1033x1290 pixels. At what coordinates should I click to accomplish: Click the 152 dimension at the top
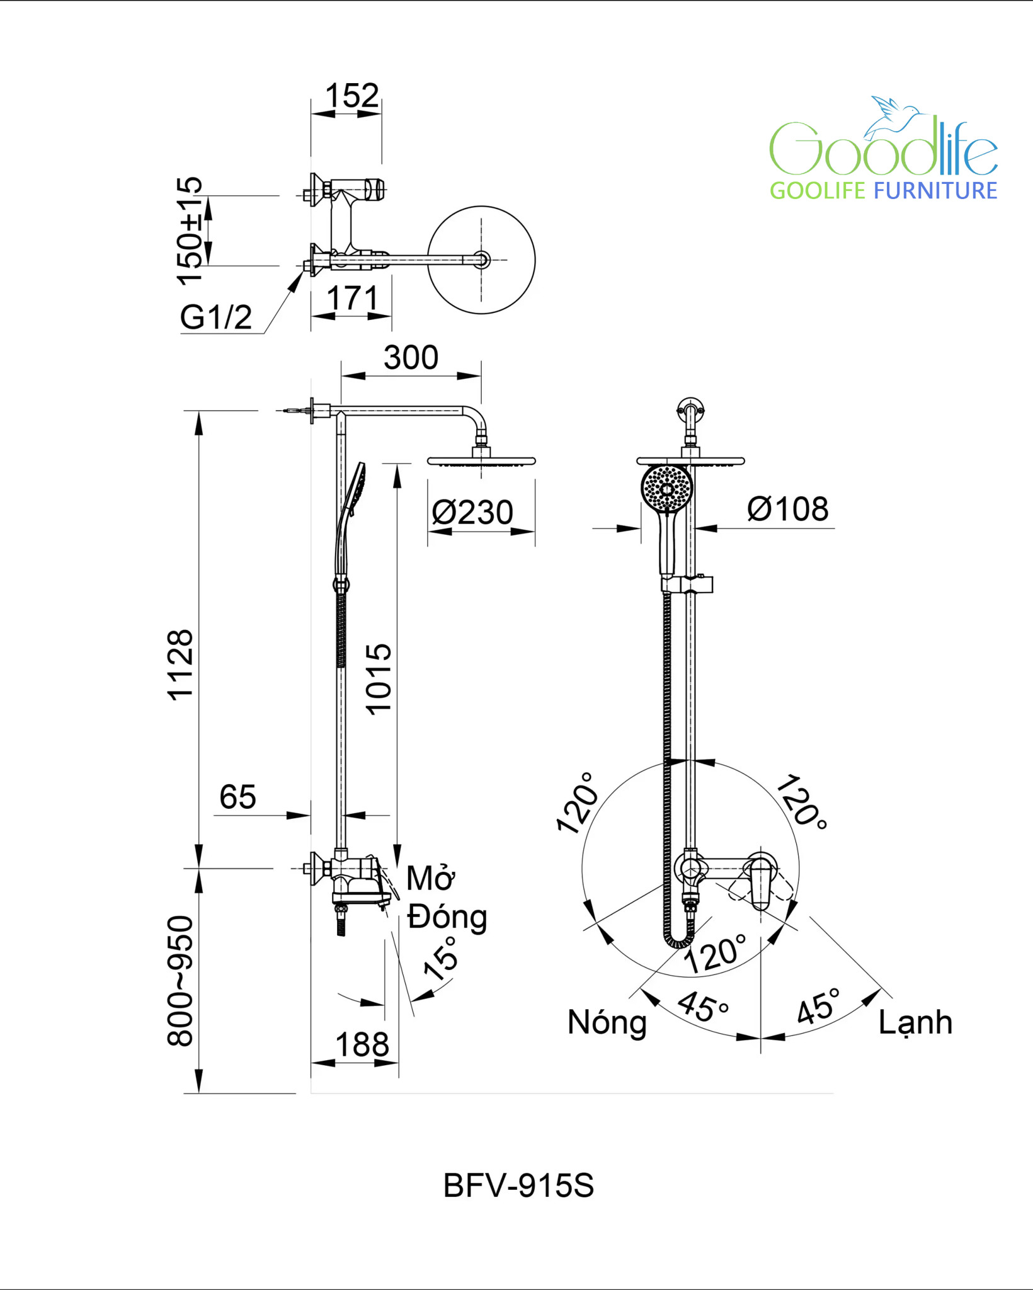coord(352,96)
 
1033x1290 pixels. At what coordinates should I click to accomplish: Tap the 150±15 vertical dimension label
coord(190,231)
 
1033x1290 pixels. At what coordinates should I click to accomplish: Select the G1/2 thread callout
coord(216,317)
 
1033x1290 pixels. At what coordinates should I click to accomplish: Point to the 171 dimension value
coord(352,298)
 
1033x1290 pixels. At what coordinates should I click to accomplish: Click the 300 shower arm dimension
coord(411,358)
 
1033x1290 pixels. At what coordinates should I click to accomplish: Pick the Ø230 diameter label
coord(472,512)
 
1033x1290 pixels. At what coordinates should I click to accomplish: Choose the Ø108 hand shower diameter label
coord(788,509)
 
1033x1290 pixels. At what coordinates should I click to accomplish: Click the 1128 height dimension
coord(180,665)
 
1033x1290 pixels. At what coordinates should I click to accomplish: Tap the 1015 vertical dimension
coord(379,679)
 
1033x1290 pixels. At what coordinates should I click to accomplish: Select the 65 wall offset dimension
coord(237,797)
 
